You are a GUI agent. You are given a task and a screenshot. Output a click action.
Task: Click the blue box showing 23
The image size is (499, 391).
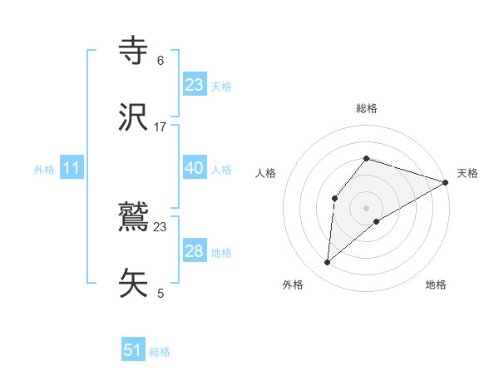(195, 85)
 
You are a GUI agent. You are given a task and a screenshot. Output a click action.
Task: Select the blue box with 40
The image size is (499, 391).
(195, 168)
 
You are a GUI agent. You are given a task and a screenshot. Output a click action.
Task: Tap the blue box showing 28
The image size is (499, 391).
(195, 251)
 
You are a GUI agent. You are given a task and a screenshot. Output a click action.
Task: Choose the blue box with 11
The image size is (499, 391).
(72, 168)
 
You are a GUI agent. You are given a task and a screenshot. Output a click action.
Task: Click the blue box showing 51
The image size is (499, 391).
(133, 350)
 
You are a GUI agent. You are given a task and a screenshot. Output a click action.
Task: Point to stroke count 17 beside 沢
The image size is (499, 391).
(161, 127)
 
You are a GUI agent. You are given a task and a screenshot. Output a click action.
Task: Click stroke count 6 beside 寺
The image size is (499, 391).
(161, 61)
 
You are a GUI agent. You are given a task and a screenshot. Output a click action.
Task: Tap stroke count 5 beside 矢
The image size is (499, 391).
(161, 294)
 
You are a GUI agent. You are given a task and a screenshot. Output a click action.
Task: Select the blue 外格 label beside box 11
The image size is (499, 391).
(44, 169)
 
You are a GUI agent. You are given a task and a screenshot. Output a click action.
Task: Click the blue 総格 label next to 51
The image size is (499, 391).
(160, 352)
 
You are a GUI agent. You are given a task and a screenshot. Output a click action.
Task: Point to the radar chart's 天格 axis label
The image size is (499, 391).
(467, 173)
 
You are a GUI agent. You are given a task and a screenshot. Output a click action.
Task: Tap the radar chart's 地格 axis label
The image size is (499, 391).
(436, 285)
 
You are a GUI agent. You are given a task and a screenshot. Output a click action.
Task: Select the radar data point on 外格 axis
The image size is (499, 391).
(328, 263)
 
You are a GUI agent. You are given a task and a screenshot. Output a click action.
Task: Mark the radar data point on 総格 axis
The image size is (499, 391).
(366, 158)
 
